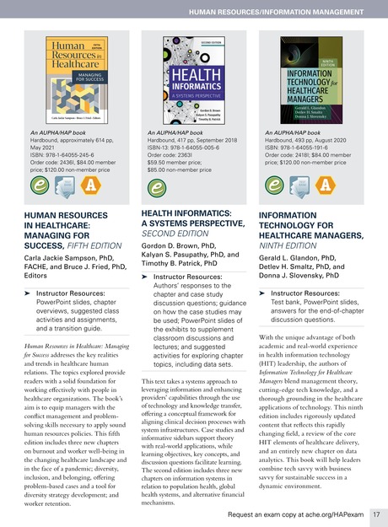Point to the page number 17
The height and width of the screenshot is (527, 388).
click(377, 513)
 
